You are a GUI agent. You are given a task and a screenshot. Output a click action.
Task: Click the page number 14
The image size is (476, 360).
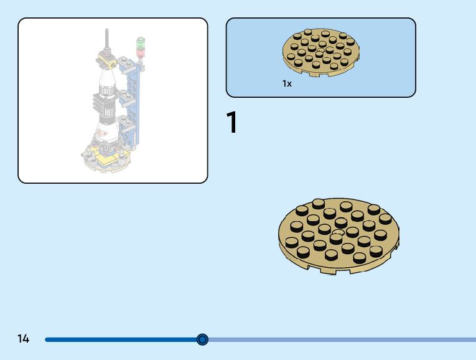point(24,339)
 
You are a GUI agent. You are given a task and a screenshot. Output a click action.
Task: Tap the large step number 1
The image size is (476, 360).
point(231,123)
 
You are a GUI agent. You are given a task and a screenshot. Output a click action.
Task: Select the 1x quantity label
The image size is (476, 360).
point(287,83)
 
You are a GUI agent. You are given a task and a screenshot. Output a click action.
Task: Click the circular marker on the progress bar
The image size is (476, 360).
point(202,339)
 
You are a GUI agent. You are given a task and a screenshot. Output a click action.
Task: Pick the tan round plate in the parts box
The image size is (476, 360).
point(321,52)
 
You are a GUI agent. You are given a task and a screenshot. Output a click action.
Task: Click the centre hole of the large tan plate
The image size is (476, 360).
point(337,234)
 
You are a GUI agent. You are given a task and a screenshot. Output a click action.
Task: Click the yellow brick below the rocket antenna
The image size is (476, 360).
point(107,62)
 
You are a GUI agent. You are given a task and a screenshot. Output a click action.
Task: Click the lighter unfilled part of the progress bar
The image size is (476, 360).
point(342,339)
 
